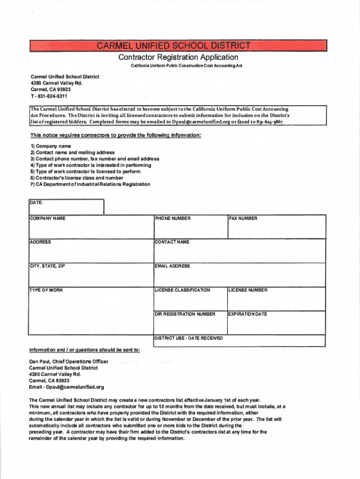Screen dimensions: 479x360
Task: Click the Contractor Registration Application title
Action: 178,57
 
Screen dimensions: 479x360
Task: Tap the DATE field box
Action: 65,206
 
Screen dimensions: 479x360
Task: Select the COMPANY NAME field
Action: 91,226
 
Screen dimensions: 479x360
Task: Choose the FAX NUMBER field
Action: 275,226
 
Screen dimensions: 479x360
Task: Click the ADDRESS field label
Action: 40,242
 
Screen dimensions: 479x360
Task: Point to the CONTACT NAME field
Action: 238,251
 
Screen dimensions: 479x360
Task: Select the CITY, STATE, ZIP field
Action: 91,275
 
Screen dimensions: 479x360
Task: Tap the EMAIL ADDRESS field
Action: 238,275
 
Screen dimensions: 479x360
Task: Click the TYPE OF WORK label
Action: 46,290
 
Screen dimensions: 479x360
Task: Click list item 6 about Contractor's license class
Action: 77,178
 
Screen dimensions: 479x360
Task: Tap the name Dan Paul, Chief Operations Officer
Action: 69,362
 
